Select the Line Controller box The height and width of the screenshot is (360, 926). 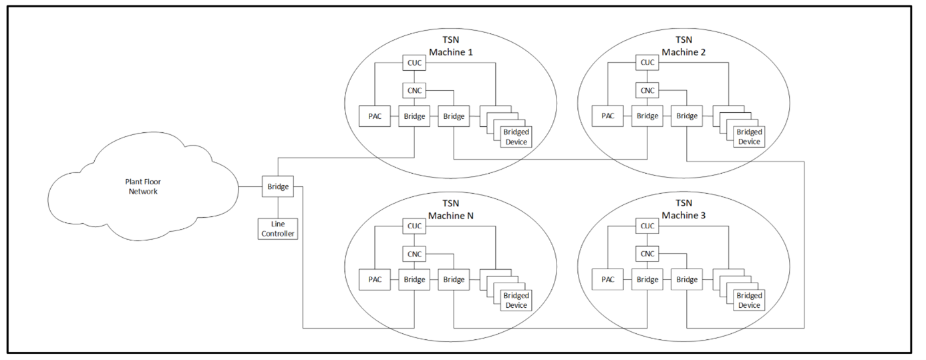pyautogui.click(x=278, y=228)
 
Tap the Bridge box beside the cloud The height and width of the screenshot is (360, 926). pyautogui.click(x=278, y=186)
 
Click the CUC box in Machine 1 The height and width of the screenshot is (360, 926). pyautogui.click(x=414, y=63)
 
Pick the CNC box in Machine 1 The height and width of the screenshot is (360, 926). pyautogui.click(x=414, y=90)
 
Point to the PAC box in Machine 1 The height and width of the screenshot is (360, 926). pyautogui.click(x=374, y=116)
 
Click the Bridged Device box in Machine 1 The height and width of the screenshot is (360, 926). pyautogui.click(x=516, y=137)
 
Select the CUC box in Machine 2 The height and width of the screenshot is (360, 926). pyautogui.click(x=647, y=63)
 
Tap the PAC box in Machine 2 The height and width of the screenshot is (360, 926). pyautogui.click(x=607, y=116)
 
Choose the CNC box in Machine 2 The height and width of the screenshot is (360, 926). pyautogui.click(x=647, y=90)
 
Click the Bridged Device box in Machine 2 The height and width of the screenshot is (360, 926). pyautogui.click(x=749, y=137)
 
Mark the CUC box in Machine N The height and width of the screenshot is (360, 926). pyautogui.click(x=414, y=226)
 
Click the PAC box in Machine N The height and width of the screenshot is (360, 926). pyautogui.click(x=374, y=279)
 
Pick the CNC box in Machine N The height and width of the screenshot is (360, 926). pyautogui.click(x=414, y=253)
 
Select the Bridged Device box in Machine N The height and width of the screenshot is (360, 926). pyautogui.click(x=516, y=300)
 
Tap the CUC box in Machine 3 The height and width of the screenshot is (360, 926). pyautogui.click(x=647, y=226)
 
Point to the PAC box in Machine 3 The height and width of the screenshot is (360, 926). pyautogui.click(x=607, y=279)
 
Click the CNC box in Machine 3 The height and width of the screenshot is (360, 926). pyautogui.click(x=647, y=253)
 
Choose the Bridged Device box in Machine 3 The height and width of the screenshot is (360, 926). pyautogui.click(x=749, y=300)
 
